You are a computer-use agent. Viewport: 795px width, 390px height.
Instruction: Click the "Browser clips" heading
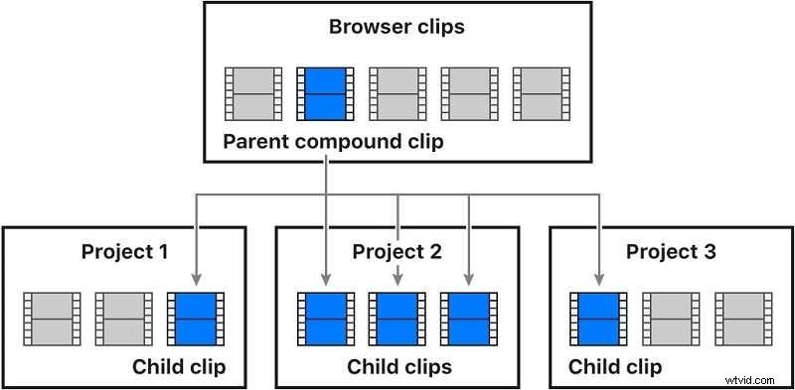[397, 26]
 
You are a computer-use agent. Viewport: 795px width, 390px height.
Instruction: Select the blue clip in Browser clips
[325, 93]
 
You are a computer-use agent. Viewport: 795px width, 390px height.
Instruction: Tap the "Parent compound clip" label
[333, 142]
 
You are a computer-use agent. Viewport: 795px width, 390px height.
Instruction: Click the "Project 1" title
[124, 251]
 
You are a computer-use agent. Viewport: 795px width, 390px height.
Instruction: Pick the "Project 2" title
[397, 251]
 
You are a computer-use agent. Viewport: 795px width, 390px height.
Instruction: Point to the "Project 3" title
[670, 251]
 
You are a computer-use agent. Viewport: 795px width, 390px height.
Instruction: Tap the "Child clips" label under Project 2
[397, 367]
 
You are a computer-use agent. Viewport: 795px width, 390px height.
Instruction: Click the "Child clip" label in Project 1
[179, 367]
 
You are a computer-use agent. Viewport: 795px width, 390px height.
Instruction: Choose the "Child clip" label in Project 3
[615, 367]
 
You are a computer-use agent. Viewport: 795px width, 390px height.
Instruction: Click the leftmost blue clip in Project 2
[325, 319]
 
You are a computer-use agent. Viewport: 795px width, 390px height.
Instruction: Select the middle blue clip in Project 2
[397, 319]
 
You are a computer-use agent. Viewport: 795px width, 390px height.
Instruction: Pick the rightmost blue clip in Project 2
[469, 319]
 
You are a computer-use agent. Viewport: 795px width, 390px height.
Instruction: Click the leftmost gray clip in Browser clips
[252, 93]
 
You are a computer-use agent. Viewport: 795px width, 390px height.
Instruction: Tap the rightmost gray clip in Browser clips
[542, 93]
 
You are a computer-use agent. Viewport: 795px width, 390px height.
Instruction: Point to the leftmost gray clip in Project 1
[52, 319]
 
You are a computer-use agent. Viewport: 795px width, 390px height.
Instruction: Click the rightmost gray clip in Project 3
[742, 319]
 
